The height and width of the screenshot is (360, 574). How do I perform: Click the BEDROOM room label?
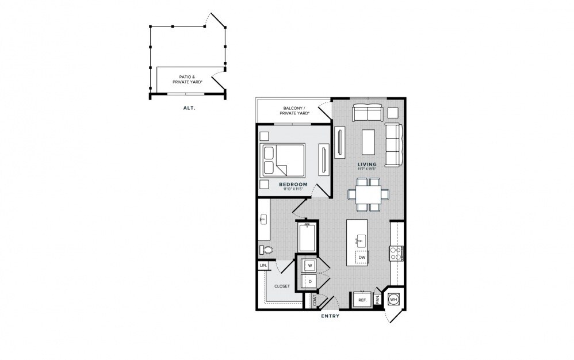293,185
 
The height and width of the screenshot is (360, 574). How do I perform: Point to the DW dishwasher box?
362,256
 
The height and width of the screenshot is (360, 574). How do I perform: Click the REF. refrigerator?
362,300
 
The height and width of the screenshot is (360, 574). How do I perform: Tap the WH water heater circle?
393,300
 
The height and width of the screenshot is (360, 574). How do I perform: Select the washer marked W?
309,266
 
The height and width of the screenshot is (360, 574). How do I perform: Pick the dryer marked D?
309,282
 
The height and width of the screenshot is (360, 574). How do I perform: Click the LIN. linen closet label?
263,266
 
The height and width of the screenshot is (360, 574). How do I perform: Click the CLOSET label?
281,285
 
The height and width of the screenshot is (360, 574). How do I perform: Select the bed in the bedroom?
282,160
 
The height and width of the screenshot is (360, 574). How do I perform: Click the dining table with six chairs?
368,193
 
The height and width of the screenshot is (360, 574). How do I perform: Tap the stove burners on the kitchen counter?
396,253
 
